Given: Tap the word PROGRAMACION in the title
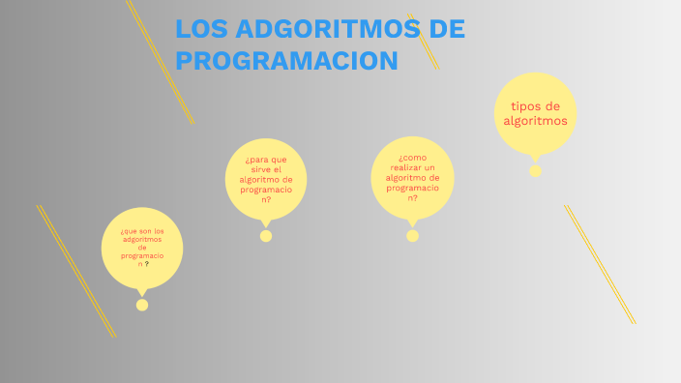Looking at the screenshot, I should coord(286,61).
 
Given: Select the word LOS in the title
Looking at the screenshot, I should coord(201,29).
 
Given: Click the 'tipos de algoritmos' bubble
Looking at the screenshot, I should coord(535,113).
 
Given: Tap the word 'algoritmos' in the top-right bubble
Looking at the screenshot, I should coord(535,121).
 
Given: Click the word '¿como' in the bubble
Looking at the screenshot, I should coord(412,157).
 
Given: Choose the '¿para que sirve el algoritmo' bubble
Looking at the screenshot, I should coord(266,179).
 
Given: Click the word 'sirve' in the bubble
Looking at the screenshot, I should coord(257,169).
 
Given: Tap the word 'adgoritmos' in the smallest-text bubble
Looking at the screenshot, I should coord(142,239).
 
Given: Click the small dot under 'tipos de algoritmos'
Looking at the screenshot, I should coord(535,171).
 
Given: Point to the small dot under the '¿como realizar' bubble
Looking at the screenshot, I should coord(413,236).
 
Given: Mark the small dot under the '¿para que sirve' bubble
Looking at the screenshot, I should coord(266,236).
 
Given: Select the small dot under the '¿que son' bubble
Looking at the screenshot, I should coord(142,305).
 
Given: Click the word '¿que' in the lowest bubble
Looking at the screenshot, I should coord(128,231).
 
